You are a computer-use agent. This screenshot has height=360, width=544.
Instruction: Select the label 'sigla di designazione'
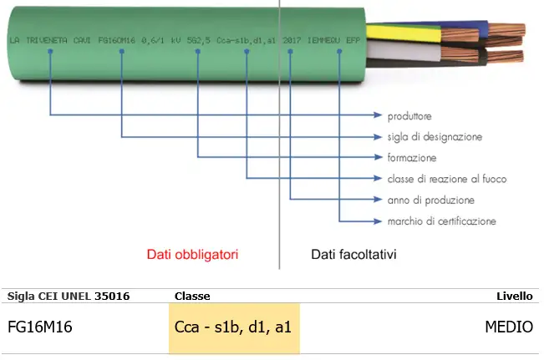click(x=435, y=136)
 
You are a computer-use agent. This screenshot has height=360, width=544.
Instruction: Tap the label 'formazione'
click(x=412, y=158)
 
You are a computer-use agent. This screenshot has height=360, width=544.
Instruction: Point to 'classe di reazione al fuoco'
click(x=447, y=179)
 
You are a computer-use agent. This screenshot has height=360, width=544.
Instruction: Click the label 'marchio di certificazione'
click(x=442, y=221)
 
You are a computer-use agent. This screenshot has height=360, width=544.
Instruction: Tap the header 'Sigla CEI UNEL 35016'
click(x=69, y=296)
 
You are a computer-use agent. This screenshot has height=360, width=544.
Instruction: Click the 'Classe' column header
click(x=192, y=296)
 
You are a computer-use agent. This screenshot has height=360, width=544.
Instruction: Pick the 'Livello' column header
click(x=515, y=296)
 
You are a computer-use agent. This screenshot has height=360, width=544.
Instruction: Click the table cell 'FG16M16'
click(x=39, y=327)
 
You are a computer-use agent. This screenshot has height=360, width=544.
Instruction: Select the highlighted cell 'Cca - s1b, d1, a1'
click(x=233, y=327)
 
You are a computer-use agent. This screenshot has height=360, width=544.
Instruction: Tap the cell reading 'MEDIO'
click(x=508, y=327)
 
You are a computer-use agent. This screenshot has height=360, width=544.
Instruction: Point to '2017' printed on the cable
click(x=292, y=39)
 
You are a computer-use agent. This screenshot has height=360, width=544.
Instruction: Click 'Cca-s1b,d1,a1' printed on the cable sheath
click(x=247, y=39)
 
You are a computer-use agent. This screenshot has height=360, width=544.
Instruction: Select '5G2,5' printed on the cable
click(x=199, y=39)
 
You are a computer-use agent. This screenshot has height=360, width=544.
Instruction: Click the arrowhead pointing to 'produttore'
click(x=378, y=115)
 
